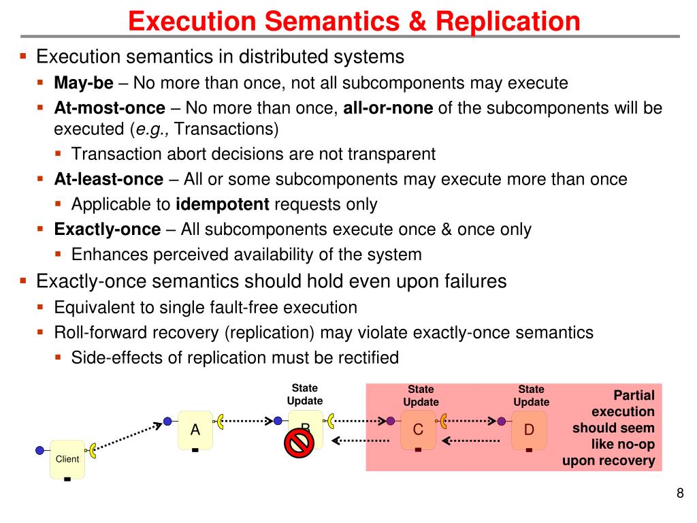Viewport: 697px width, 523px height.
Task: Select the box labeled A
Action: (195, 430)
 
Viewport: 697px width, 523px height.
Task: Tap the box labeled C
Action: (418, 430)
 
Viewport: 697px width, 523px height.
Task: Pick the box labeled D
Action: (529, 430)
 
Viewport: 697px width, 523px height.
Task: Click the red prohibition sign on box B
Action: (297, 444)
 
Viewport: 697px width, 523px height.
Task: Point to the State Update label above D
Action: (531, 395)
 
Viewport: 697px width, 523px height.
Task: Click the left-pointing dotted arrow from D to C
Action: (471, 441)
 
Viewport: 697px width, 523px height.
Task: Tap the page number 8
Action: (679, 494)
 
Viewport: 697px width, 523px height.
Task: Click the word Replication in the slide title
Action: (508, 21)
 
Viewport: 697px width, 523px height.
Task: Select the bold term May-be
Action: (84, 83)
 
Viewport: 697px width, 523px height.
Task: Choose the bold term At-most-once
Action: (110, 108)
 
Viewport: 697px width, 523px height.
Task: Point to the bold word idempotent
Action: (223, 204)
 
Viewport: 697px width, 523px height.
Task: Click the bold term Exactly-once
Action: (108, 229)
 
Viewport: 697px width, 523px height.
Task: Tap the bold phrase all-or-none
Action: (388, 108)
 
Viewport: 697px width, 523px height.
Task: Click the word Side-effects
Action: (106, 358)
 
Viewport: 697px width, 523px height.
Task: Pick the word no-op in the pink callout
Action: (636, 445)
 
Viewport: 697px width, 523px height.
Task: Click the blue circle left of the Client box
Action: (40, 449)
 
